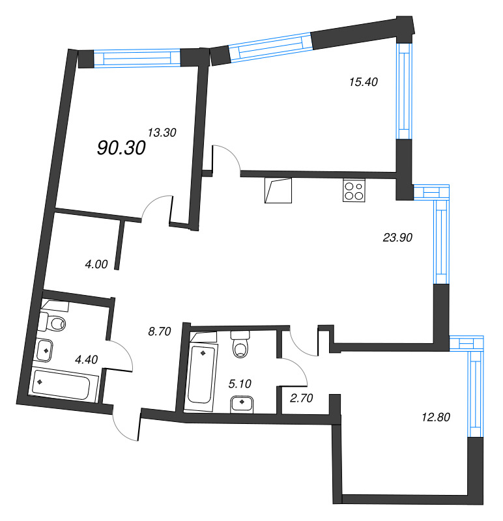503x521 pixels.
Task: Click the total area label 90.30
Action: click(x=121, y=148)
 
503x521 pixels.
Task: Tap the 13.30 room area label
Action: click(x=162, y=132)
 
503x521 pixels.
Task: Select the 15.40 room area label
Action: click(x=363, y=82)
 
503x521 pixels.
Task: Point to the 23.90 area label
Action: click(x=398, y=238)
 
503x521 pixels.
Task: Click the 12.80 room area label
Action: click(x=437, y=415)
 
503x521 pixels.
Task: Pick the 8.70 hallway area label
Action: click(x=159, y=331)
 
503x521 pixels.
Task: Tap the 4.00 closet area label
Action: click(x=96, y=264)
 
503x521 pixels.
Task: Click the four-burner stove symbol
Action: click(x=354, y=191)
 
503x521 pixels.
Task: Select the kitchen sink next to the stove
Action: click(x=278, y=191)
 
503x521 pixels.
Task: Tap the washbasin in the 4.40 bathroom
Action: click(x=47, y=350)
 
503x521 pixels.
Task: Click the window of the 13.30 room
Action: click(x=137, y=59)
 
